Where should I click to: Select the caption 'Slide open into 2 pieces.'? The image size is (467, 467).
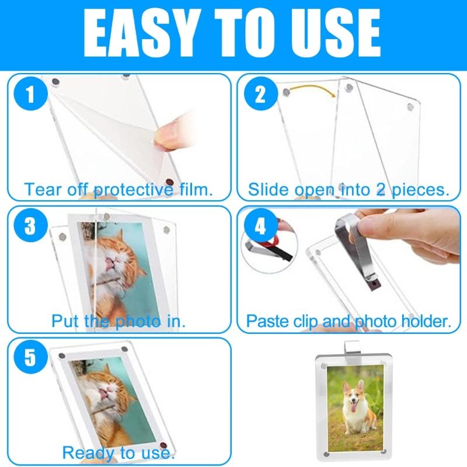pos(348,190)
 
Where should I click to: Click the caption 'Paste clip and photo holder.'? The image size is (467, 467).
pos(349,321)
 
